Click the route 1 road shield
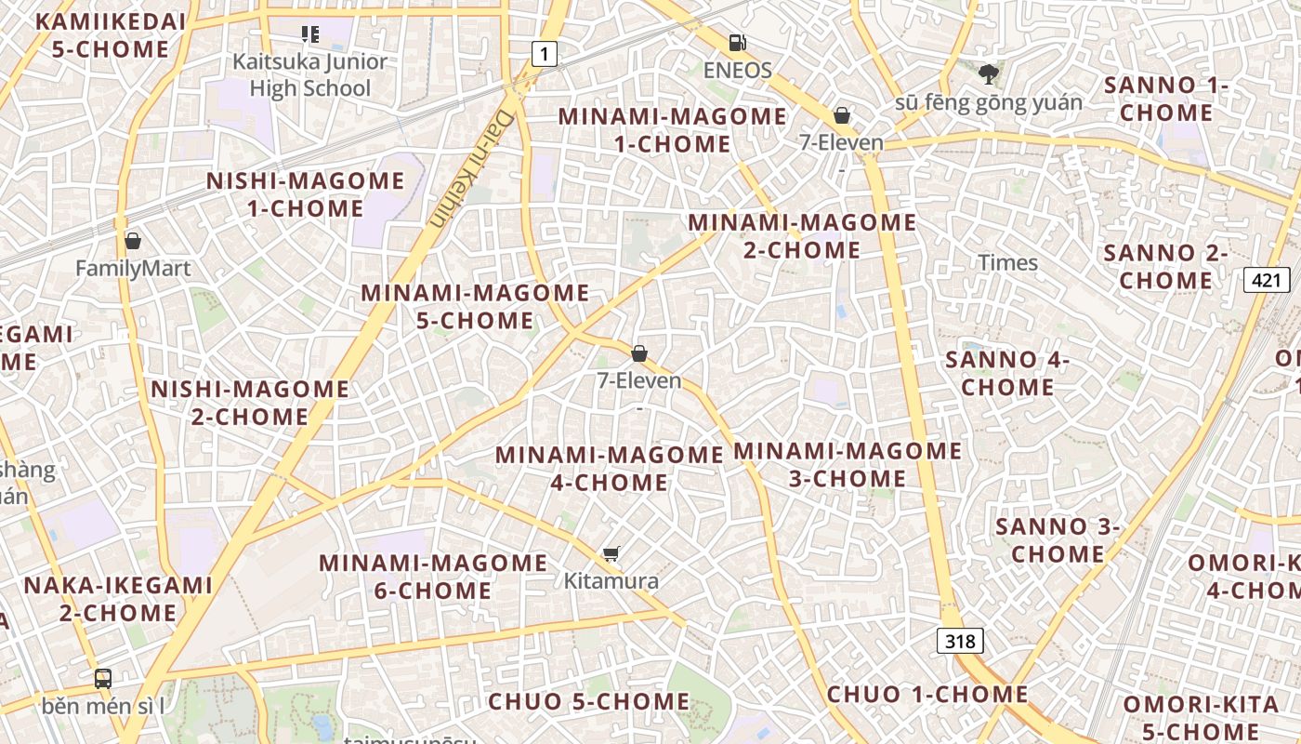[545, 54]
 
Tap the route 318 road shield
[960, 641]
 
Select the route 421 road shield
[1267, 279]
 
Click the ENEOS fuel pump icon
[737, 42]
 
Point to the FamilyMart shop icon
[133, 241]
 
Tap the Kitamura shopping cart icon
[611, 554]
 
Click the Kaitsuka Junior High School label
[309, 75]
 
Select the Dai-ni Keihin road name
[472, 170]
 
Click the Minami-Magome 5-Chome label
[475, 307]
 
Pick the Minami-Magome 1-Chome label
[672, 130]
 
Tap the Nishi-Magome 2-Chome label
[250, 403]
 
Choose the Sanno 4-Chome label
[1007, 373]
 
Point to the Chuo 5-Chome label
[588, 701]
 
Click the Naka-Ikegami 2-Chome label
[118, 599]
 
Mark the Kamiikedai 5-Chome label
[111, 35]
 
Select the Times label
[1007, 262]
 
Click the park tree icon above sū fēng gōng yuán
[988, 73]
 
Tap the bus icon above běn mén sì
[103, 679]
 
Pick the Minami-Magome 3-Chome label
[848, 465]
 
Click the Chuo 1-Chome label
[927, 695]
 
